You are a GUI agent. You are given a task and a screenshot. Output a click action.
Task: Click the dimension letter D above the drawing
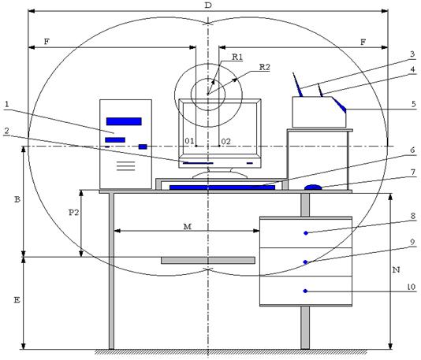tap(208, 5)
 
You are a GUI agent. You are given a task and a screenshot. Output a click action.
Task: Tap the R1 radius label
tap(237, 57)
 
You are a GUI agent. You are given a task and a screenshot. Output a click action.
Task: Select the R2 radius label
tap(264, 67)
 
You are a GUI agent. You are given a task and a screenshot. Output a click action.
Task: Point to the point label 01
tap(189, 141)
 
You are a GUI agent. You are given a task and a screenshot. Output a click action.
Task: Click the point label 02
tap(225, 141)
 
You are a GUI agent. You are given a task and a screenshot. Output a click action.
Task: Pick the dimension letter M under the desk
tap(188, 227)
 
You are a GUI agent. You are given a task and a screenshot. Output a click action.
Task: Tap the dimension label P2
tap(73, 213)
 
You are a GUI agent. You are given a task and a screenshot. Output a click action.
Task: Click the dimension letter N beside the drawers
tap(397, 269)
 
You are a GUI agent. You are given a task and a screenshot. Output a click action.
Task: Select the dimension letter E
tap(17, 299)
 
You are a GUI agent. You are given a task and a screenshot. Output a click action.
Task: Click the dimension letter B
tap(17, 199)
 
